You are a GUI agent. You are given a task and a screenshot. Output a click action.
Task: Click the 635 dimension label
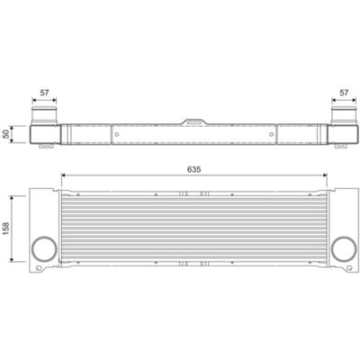coord(193,169)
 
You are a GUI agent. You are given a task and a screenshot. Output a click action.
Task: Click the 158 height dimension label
coord(6,229)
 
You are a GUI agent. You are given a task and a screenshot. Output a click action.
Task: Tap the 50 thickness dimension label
coord(6,134)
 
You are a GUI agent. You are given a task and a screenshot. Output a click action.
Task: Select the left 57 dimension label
coord(44,93)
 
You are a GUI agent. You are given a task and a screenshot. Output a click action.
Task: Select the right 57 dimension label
coord(344,93)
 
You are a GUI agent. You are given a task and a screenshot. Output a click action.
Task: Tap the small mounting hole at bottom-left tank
coord(38,268)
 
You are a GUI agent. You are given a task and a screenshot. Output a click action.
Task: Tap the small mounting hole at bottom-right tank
coord(348,268)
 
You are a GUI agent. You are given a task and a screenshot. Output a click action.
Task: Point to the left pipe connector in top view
coord(44,115)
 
